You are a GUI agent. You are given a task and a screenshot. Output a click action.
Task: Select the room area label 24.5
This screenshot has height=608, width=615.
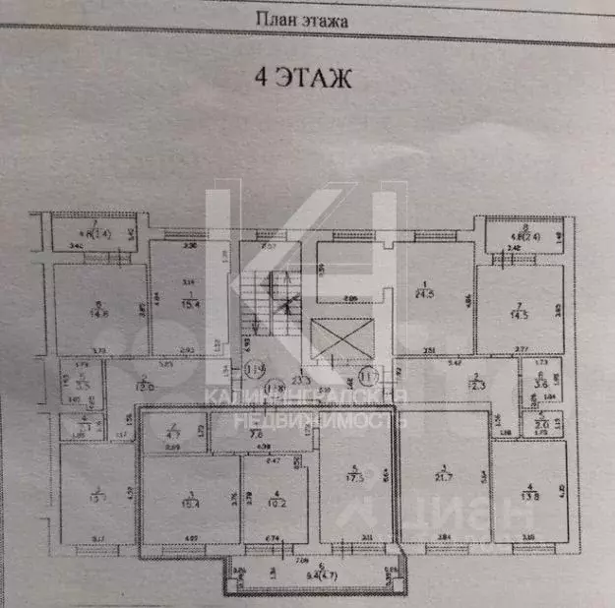(425, 292)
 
